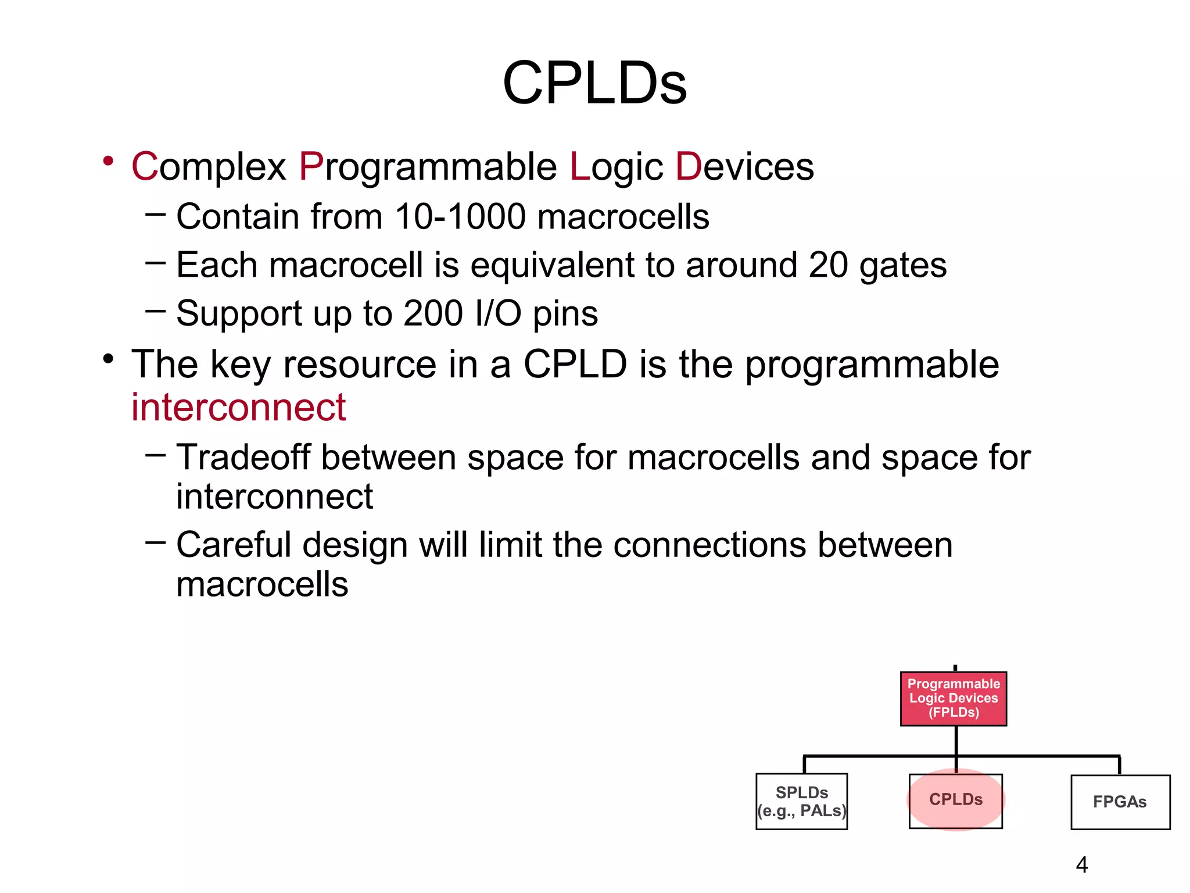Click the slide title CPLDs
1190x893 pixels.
[x=594, y=83]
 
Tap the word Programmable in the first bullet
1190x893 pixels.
[x=428, y=167]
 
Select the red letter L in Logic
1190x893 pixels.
[x=579, y=167]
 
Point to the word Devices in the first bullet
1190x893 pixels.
[x=744, y=167]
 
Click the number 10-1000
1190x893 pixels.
[x=460, y=217]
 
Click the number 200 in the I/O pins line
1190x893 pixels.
[x=433, y=313]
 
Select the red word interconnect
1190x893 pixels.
[x=238, y=407]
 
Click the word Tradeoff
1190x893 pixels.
[x=243, y=457]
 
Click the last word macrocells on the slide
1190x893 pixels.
[x=262, y=584]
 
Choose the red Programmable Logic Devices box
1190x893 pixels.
[x=953, y=698]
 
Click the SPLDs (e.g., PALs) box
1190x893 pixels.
[x=801, y=801]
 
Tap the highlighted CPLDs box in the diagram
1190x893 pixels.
[x=955, y=800]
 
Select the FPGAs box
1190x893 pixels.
[x=1120, y=802]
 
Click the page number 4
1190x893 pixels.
[x=1081, y=865]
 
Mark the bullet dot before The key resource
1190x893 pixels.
[x=108, y=359]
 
